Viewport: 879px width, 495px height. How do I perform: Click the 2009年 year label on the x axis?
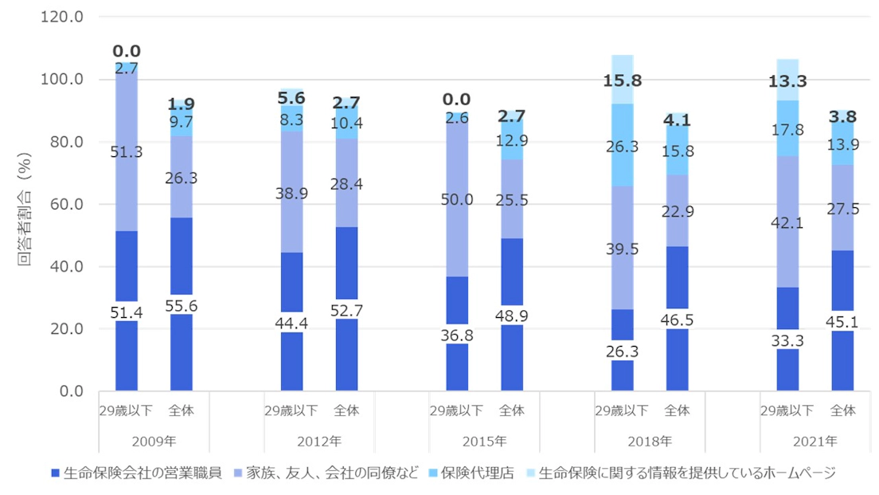click(154, 441)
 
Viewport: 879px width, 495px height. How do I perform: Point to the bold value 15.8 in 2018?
click(623, 81)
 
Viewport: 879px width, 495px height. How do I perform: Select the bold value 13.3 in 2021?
click(787, 81)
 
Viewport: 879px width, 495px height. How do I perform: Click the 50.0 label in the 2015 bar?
click(456, 199)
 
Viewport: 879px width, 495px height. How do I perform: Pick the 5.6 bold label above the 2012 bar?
click(291, 97)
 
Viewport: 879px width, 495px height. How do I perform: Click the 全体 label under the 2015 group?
click(512, 411)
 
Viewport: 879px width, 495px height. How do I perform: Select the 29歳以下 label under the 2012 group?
click(291, 411)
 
